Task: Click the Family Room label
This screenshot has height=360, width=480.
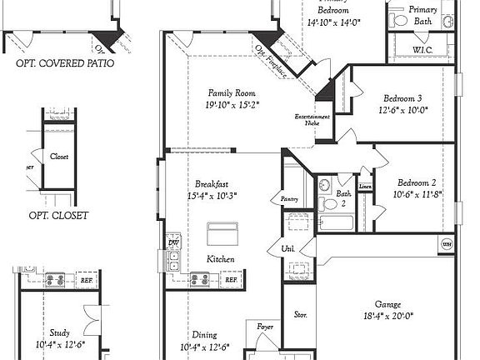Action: point(232,93)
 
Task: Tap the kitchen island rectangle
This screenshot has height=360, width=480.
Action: point(222,232)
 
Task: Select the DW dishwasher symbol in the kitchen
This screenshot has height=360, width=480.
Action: point(173,242)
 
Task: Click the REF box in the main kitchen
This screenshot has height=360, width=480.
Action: point(231,280)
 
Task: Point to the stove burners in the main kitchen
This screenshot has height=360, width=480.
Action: point(200,280)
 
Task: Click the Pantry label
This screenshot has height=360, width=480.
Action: point(289,199)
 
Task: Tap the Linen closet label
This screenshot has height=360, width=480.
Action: point(365,187)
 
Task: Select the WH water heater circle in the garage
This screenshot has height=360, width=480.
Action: point(447,244)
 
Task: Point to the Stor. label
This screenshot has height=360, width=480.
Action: point(301,315)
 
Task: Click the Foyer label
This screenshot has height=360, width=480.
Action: point(265,327)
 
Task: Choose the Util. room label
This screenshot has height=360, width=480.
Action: point(288,248)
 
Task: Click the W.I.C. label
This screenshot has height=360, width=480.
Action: point(422,49)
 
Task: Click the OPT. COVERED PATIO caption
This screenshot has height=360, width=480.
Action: point(65,62)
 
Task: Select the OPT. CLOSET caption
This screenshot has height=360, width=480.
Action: point(58,215)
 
